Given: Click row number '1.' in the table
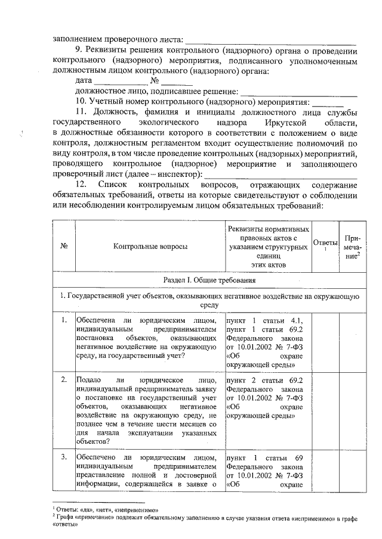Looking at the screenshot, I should pyautogui.click(x=64, y=321).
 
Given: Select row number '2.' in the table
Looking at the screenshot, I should pyautogui.click(x=64, y=379).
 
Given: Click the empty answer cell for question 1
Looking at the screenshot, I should pyautogui.click(x=325, y=342).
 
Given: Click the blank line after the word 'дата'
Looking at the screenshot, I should pyautogui.click(x=121, y=82).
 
